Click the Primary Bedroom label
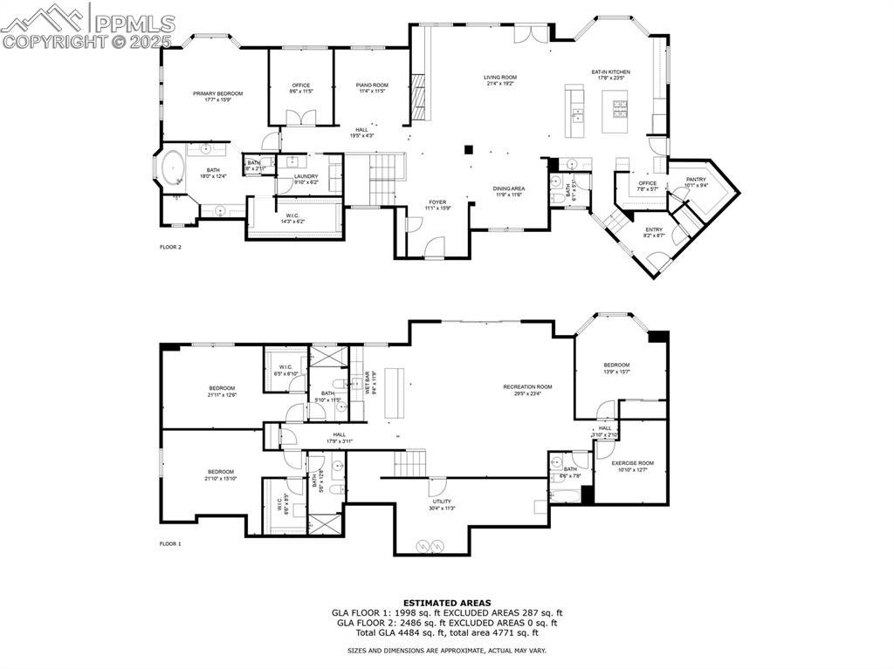click(x=217, y=93)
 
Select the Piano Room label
click(x=372, y=85)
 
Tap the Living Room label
click(x=500, y=78)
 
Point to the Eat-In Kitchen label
click(x=611, y=72)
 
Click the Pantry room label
click(x=696, y=180)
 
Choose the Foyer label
click(x=437, y=202)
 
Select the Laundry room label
click(x=306, y=176)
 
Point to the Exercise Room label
click(x=632, y=463)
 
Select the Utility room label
click(x=442, y=502)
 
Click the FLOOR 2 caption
click(x=170, y=248)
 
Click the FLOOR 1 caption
click(x=170, y=544)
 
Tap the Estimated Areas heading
click(x=447, y=603)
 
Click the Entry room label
click(x=653, y=229)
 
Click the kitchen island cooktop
click(x=619, y=109)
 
